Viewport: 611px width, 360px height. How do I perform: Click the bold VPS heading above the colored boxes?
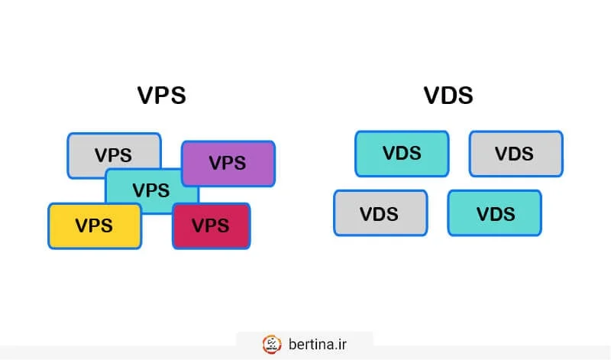coord(161,96)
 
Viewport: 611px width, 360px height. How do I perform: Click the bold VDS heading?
coord(448,96)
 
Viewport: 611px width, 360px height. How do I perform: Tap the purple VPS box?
coord(228,163)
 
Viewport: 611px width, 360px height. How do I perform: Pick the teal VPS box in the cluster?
coord(150,190)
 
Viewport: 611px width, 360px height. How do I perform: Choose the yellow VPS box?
coord(94,225)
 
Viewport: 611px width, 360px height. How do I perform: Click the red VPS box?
coord(211,225)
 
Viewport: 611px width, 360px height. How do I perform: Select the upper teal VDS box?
coord(402,153)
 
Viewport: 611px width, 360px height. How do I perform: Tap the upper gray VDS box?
coord(515,153)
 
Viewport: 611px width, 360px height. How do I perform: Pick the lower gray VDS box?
coord(380,212)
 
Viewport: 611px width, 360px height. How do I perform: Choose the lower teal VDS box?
coord(494,212)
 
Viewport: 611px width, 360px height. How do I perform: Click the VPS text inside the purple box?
coord(228,163)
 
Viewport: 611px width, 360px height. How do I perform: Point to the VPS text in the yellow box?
coord(94,225)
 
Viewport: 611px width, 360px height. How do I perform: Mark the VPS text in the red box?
coord(211,225)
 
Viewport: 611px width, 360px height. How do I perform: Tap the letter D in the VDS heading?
coord(448,96)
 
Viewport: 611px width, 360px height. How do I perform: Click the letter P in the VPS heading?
coord(162,96)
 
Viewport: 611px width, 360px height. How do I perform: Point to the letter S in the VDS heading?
coord(464,96)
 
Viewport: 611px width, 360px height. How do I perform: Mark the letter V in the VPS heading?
coord(146,96)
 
